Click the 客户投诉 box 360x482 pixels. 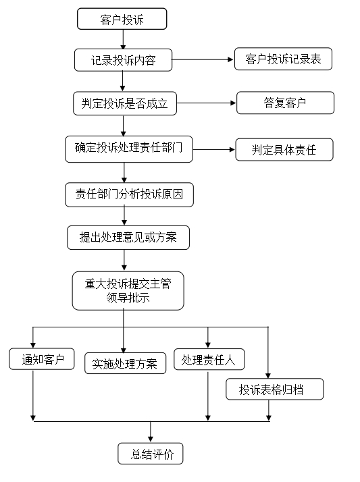[x=122, y=19]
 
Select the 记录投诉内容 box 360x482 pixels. [x=124, y=60]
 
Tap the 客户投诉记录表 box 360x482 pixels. [x=283, y=59]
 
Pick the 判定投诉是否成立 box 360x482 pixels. [x=125, y=103]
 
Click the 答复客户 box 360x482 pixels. [x=285, y=103]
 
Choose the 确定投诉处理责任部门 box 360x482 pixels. [x=129, y=149]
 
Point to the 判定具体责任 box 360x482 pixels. [x=284, y=150]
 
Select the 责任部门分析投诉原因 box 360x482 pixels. [x=129, y=195]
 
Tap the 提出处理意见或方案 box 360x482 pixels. [x=128, y=238]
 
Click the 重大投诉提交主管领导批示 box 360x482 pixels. [x=128, y=290]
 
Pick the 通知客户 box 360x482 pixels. [x=42, y=358]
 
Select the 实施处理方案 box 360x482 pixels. [x=125, y=363]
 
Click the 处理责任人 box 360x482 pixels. [x=209, y=359]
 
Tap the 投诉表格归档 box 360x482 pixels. [x=274, y=389]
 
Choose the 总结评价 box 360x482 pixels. [x=151, y=454]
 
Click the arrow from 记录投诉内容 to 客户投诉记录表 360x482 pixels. [x=203, y=59]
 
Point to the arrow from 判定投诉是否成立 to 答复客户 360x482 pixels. [x=206, y=103]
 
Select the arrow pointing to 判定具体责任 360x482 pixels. [x=213, y=150]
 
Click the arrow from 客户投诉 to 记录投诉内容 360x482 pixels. [x=123, y=39]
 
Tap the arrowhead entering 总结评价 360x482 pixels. [x=151, y=439]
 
